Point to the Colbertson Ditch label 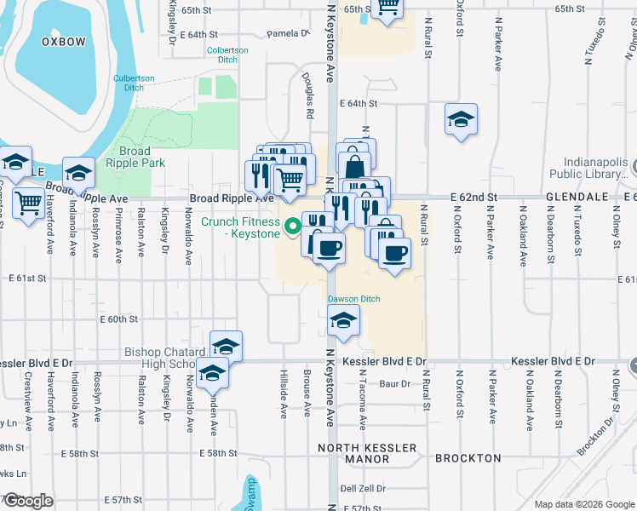coord(227,55)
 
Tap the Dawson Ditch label coord(353,299)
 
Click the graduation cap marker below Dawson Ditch coord(343,321)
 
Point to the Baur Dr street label coord(394,384)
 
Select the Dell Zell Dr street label coord(363,489)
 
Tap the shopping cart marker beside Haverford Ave coord(28,203)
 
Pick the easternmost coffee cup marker coord(393,254)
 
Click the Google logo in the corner coord(28,501)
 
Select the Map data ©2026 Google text coord(584,504)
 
